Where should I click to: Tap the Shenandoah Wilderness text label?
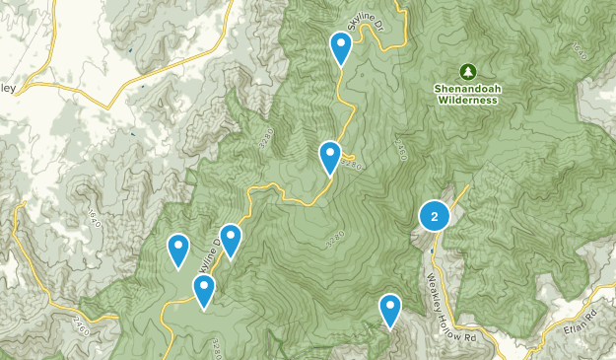point(467,93)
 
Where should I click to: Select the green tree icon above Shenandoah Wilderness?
point(467,72)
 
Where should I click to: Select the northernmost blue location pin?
point(340,46)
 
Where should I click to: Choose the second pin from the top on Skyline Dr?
point(330,156)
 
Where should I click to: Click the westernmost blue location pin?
point(178,249)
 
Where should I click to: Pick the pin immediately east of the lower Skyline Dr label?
point(230,239)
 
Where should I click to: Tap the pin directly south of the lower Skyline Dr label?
point(204,290)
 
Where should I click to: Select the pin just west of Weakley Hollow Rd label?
point(390,310)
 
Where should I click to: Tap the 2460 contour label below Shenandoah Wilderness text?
point(401,148)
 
